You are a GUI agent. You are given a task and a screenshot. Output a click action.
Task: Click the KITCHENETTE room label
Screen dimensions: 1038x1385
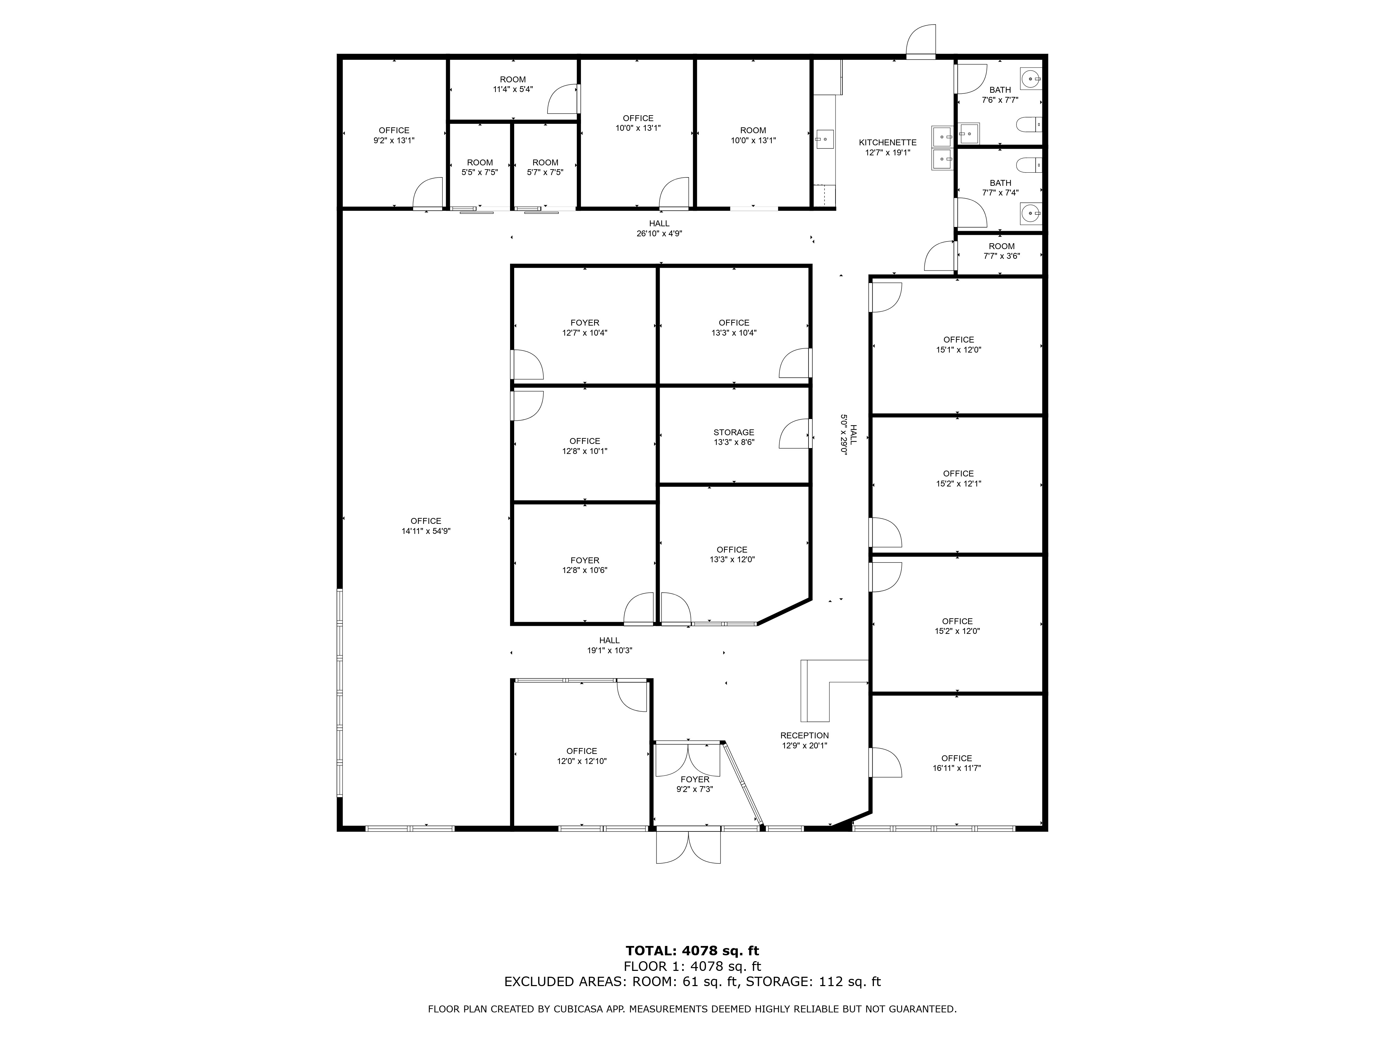[x=887, y=143]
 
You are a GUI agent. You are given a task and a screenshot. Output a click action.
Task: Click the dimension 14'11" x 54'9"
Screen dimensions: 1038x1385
[x=426, y=531]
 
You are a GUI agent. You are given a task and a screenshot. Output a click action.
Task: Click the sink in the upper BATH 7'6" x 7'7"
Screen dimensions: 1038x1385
[x=1030, y=80]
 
